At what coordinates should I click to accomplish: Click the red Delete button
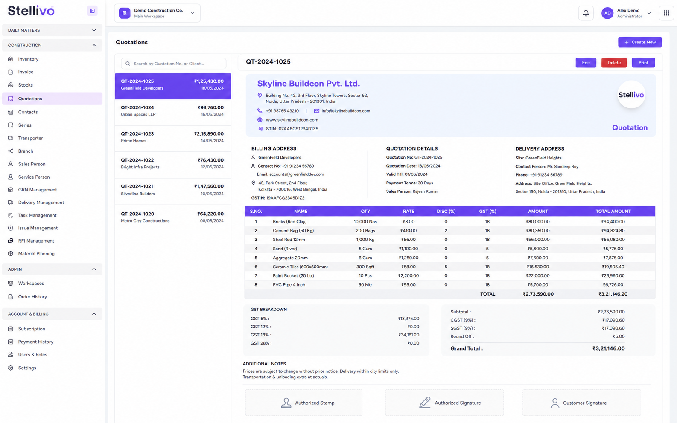pyautogui.click(x=614, y=63)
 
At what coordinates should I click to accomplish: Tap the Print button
pyautogui.click(x=643, y=63)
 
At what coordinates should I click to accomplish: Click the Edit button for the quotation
pyautogui.click(x=586, y=63)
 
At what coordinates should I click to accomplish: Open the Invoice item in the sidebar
pyautogui.click(x=26, y=72)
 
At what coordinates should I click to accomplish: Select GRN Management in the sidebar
pyautogui.click(x=38, y=190)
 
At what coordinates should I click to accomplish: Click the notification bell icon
pyautogui.click(x=586, y=13)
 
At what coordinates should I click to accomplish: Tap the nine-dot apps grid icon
pyautogui.click(x=666, y=13)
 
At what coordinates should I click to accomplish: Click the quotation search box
pyautogui.click(x=173, y=64)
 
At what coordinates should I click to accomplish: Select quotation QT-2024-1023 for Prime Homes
pyautogui.click(x=172, y=137)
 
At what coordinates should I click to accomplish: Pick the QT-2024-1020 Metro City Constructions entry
pyautogui.click(x=172, y=217)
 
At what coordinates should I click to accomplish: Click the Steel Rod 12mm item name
pyautogui.click(x=289, y=239)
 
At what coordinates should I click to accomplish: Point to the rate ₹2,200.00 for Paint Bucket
pyautogui.click(x=409, y=275)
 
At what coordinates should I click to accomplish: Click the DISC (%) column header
pyautogui.click(x=446, y=211)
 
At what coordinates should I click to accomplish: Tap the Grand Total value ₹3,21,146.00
pyautogui.click(x=608, y=348)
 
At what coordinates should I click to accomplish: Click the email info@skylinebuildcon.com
pyautogui.click(x=345, y=111)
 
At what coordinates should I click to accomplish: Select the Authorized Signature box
pyautogui.click(x=444, y=403)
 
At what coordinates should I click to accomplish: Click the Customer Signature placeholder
pyautogui.click(x=582, y=403)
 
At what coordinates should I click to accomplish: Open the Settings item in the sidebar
pyautogui.click(x=27, y=368)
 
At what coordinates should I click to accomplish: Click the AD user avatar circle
pyautogui.click(x=607, y=13)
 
